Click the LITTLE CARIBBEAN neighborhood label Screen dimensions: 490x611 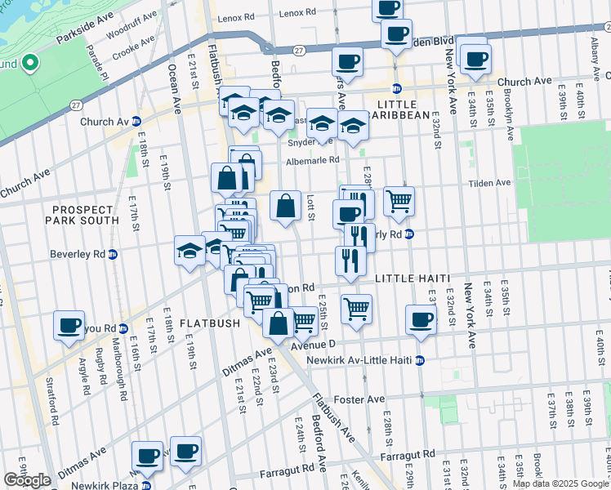tap(404, 110)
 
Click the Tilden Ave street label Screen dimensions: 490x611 tap(490, 183)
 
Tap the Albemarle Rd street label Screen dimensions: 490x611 tap(312, 161)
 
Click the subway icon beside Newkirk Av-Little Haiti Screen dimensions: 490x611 tap(420, 360)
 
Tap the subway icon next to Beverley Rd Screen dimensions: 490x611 tap(113, 254)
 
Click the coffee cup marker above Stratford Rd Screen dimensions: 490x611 tap(69, 324)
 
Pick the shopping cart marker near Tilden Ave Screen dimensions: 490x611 tap(399, 200)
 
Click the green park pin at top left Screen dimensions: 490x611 tap(29, 62)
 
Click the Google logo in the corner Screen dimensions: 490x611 tap(27, 480)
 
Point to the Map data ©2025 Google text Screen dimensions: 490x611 tap(560, 483)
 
